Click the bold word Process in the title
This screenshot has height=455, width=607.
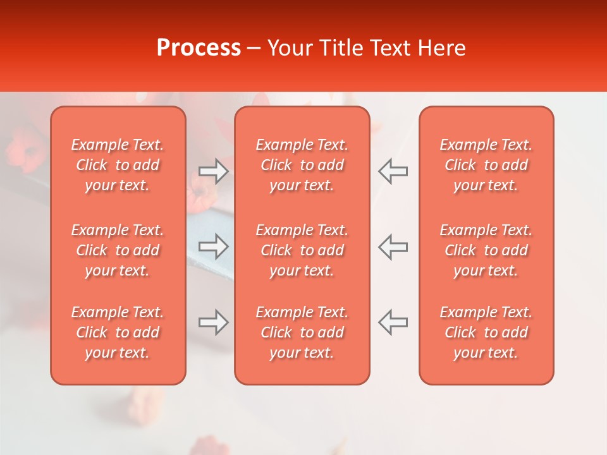click(x=199, y=48)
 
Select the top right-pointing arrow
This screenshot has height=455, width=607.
click(x=213, y=171)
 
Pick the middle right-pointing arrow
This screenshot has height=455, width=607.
click(x=213, y=246)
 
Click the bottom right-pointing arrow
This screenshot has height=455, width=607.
click(x=213, y=322)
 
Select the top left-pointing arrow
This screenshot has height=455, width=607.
click(x=393, y=171)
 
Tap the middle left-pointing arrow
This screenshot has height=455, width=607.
click(x=393, y=246)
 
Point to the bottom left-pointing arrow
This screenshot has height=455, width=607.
click(x=393, y=322)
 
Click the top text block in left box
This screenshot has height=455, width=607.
click(x=118, y=165)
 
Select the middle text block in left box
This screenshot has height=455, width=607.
click(x=118, y=250)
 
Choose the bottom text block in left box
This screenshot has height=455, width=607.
click(x=118, y=332)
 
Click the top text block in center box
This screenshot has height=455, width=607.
click(x=302, y=165)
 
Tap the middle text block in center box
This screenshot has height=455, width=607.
click(x=302, y=250)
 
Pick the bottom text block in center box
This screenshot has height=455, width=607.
click(x=302, y=332)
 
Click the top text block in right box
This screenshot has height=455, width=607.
click(x=486, y=165)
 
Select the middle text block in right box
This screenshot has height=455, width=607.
click(x=486, y=250)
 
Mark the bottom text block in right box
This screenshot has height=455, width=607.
click(x=486, y=332)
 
